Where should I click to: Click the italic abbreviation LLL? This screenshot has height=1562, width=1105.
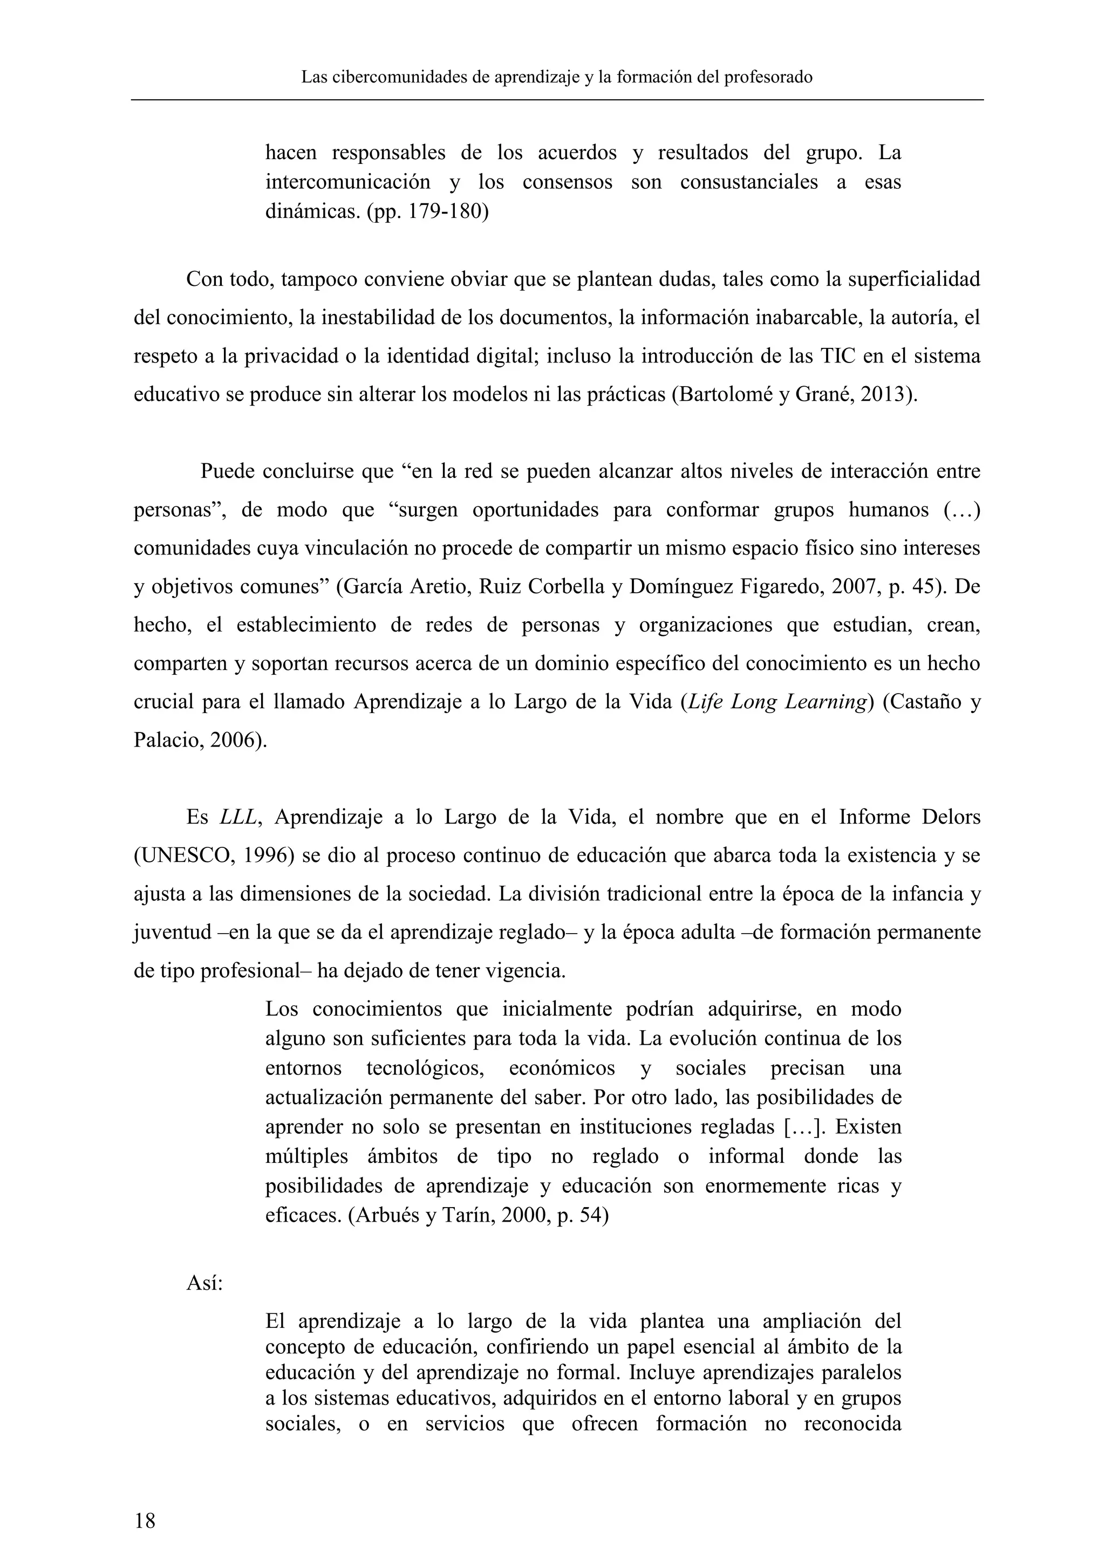pyautogui.click(x=239, y=817)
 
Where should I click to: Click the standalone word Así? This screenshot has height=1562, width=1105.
pyautogui.click(x=204, y=1284)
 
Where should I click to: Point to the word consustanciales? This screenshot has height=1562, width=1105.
pyautogui.click(x=748, y=182)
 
